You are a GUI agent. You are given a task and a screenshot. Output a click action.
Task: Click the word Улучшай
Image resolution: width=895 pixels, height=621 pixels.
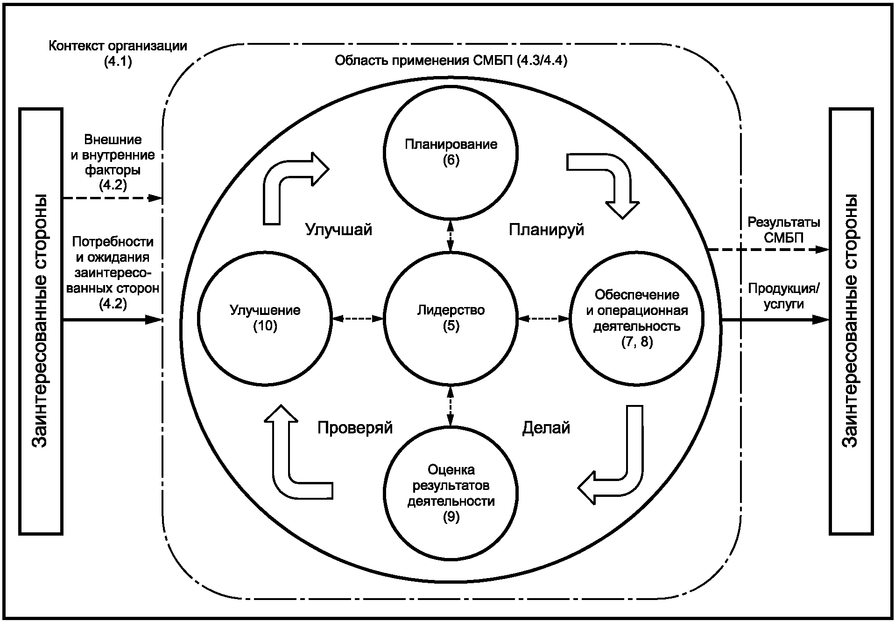pyautogui.click(x=338, y=230)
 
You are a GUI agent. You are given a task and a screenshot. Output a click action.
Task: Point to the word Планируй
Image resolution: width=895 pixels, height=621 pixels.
pyautogui.click(x=546, y=230)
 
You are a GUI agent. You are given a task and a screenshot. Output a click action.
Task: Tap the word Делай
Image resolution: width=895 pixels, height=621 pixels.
pyautogui.click(x=546, y=427)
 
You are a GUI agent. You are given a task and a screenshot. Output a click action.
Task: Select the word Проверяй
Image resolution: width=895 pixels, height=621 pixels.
pyautogui.click(x=355, y=427)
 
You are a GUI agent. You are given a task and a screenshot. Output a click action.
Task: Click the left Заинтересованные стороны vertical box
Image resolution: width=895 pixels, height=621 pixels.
pyautogui.click(x=41, y=321)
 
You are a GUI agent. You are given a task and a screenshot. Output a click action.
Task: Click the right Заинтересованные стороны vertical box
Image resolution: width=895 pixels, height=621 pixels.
pyautogui.click(x=851, y=321)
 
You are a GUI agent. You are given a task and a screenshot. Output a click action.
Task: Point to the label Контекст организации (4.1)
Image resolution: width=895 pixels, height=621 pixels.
pyautogui.click(x=118, y=54)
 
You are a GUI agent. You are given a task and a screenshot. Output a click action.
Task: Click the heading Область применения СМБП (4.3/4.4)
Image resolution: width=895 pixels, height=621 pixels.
pyautogui.click(x=451, y=61)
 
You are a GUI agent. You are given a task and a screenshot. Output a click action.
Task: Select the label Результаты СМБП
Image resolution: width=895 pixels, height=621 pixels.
pyautogui.click(x=784, y=230)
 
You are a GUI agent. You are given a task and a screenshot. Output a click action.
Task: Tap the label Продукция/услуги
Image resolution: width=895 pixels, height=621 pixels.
pyautogui.click(x=784, y=296)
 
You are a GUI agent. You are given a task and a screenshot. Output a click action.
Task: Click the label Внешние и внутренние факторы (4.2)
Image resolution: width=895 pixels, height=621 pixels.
pyautogui.click(x=113, y=162)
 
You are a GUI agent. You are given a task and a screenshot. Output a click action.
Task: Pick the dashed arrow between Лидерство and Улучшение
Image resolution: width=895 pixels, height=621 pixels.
pyautogui.click(x=358, y=319)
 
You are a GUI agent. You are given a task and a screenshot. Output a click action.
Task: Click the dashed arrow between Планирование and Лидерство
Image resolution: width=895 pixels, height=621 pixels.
pyautogui.click(x=451, y=236)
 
